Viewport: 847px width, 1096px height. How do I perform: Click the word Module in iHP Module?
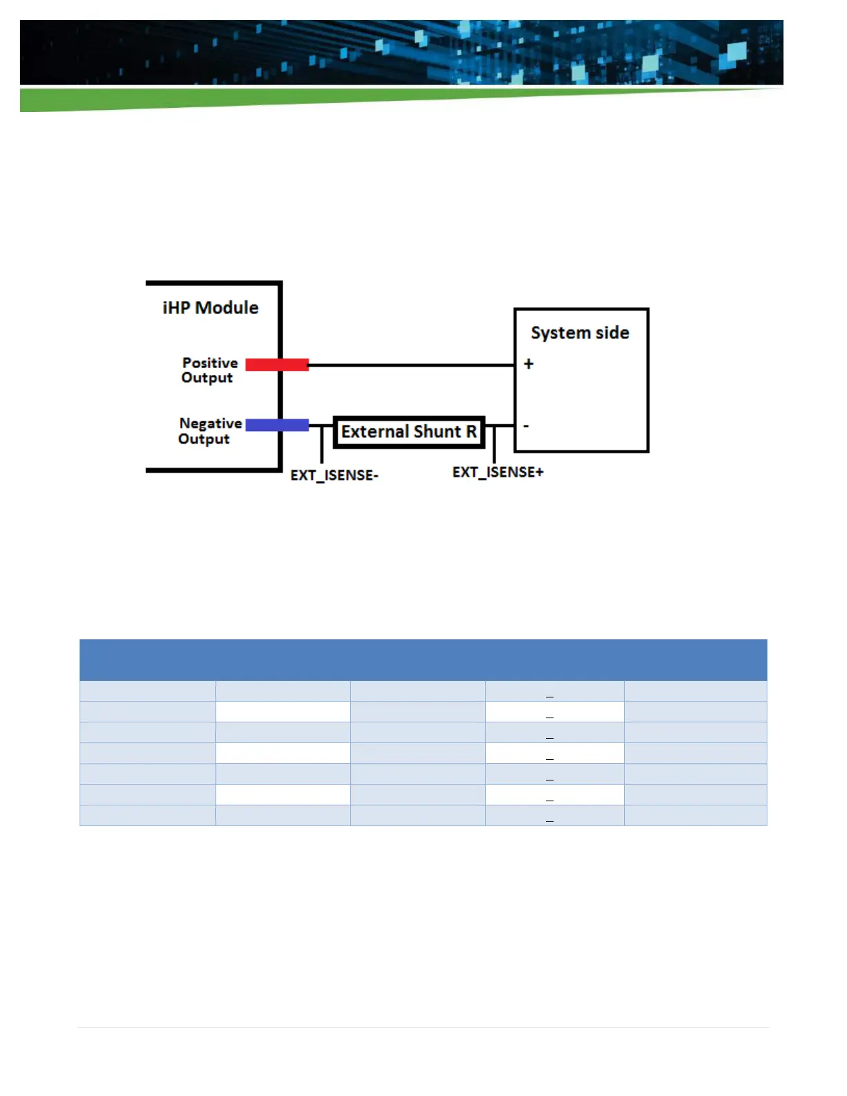tap(227, 308)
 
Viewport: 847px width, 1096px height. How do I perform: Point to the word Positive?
tap(210, 363)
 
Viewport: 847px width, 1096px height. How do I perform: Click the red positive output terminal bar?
tap(277, 365)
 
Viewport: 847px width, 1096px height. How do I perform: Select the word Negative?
tap(210, 423)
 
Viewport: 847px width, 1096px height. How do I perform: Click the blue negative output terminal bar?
tap(277, 425)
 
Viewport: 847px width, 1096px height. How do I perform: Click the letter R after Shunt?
tap(471, 432)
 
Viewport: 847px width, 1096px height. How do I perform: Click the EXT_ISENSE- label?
tap(334, 475)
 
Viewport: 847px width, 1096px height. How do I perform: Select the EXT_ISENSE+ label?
tap(498, 473)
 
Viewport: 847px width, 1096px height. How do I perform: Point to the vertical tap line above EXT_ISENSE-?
tap(322, 444)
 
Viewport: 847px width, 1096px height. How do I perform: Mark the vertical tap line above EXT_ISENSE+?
tap(494, 444)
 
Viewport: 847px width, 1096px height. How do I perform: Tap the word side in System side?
tap(612, 333)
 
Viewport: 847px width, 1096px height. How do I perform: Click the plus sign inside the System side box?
tap(529, 364)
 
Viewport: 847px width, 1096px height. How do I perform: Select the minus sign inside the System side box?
tap(527, 426)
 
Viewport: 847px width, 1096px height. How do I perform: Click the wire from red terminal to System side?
tap(412, 365)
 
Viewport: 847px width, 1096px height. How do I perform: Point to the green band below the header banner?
tap(208, 100)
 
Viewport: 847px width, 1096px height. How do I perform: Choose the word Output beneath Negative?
tap(203, 439)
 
